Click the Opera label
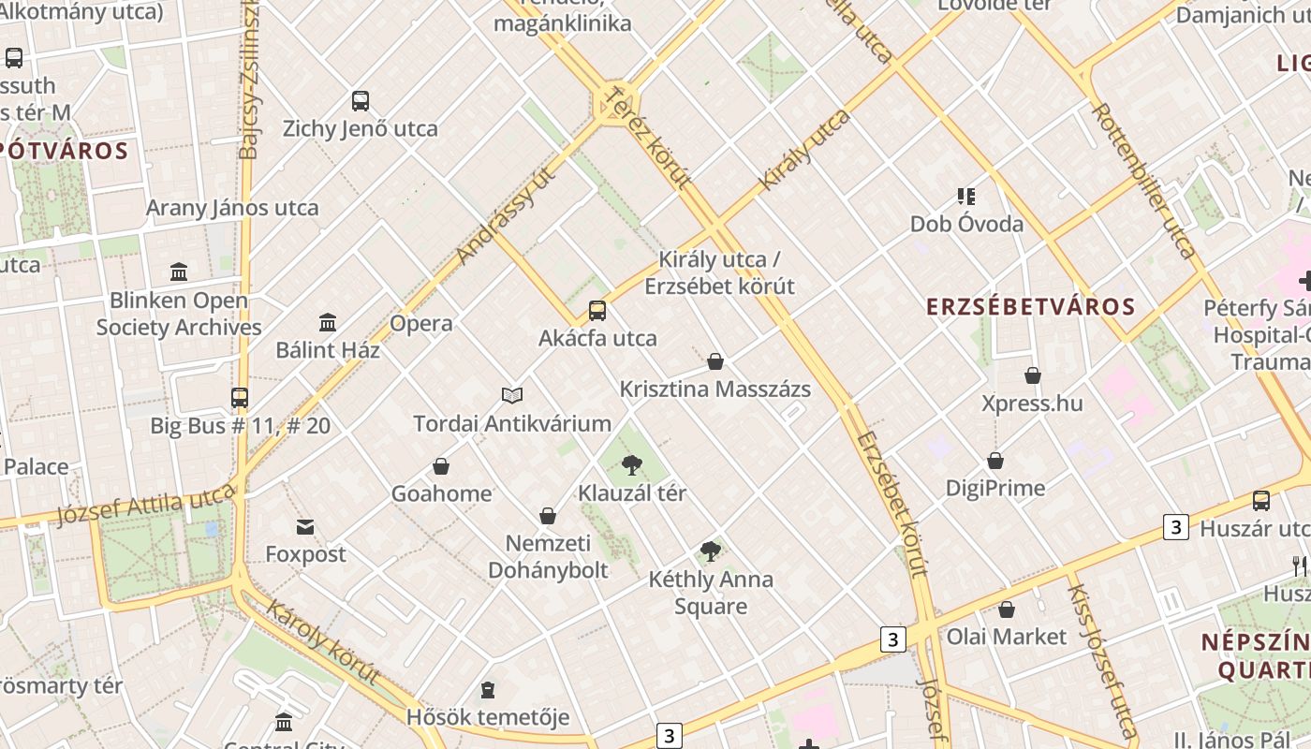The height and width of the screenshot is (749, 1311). [420, 324]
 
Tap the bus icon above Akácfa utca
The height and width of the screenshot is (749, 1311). [597, 311]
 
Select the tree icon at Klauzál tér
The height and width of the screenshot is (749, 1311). [632, 464]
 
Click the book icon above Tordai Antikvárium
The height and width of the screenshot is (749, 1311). [512, 395]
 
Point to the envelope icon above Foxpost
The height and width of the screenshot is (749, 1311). [305, 526]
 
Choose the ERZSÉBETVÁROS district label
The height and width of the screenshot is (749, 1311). [1030, 306]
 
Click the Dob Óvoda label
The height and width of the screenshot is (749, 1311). [966, 225]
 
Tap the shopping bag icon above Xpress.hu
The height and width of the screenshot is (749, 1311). [1032, 375]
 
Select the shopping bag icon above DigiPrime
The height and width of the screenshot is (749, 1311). [994, 461]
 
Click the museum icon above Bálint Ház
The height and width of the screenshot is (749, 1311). [328, 323]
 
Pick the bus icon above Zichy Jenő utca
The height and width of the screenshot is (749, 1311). [361, 101]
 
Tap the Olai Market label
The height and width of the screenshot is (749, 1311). [1006, 637]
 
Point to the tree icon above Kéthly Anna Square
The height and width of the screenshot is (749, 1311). [711, 551]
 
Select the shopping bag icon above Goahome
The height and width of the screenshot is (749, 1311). [441, 466]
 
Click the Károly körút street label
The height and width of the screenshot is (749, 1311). [323, 642]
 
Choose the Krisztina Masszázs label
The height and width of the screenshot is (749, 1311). [714, 389]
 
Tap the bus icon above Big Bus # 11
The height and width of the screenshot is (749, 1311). [240, 398]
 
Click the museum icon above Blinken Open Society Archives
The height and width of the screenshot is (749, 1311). [179, 272]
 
